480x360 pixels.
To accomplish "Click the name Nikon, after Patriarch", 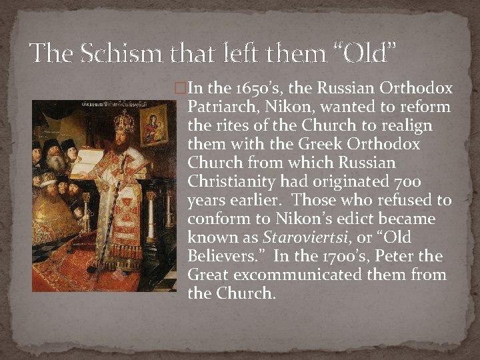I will tap(267, 107).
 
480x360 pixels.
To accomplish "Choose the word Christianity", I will tap(230, 182).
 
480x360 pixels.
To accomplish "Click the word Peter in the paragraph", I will tap(407, 257).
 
